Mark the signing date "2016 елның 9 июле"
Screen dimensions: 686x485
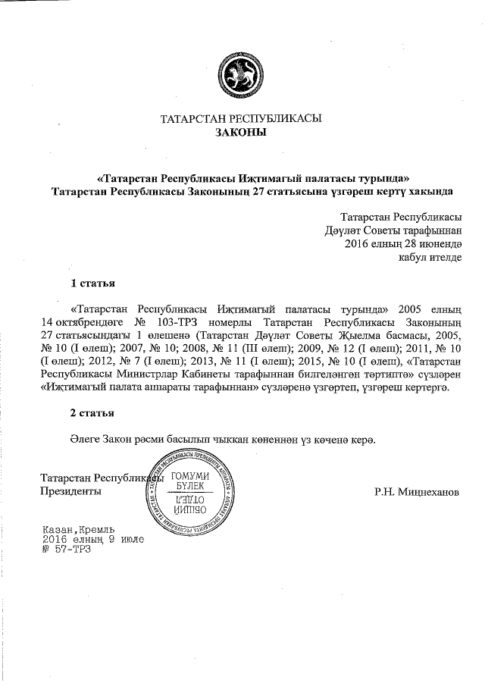pos(93,539)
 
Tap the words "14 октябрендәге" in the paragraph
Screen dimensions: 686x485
pos(77,321)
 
